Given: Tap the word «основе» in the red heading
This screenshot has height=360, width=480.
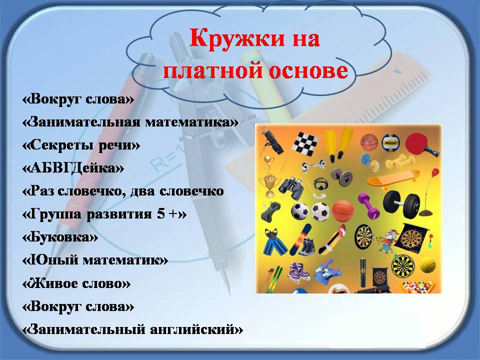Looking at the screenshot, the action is (x=308, y=70).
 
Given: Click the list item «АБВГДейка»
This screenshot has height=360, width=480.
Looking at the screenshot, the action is (x=73, y=168).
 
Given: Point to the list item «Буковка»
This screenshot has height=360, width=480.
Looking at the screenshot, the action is (x=60, y=237).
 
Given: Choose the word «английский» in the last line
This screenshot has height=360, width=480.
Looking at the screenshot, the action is (x=196, y=330).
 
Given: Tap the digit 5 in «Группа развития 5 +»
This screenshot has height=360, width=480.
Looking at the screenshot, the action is (x=160, y=213).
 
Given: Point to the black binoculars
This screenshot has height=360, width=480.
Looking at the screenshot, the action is (x=291, y=188).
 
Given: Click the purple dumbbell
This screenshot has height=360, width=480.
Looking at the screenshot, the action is (x=368, y=205).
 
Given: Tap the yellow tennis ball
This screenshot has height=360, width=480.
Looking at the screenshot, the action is (x=428, y=264).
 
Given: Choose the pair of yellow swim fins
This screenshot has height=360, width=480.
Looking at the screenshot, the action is (x=338, y=144).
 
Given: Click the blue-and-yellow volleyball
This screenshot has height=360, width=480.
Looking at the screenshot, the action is (x=390, y=142).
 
